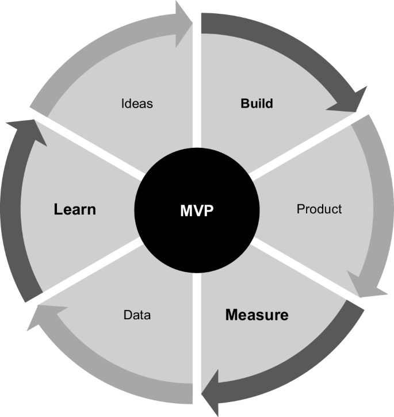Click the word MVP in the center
pos(196,211)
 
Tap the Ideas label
pos(137,104)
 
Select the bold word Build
pos(257,104)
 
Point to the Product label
pos(319,209)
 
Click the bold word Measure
pos(257,315)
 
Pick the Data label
pos(137,315)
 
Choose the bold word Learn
pos(75,209)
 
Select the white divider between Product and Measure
pos(299,268)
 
